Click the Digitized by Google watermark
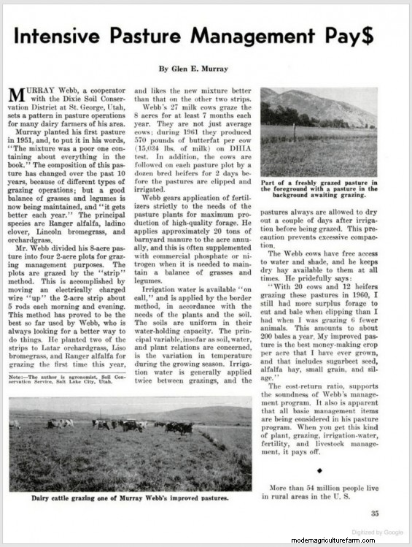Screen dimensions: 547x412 tap(376, 532)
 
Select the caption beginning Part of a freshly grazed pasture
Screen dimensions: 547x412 tap(319, 188)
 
